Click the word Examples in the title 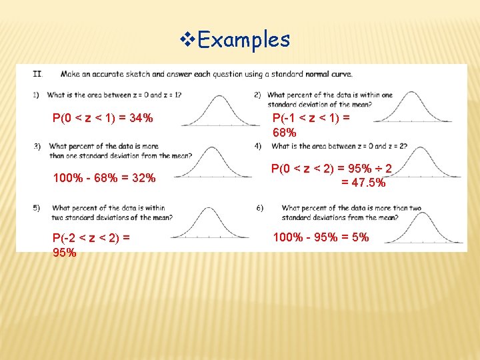tap(244, 40)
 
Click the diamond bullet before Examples tap(187, 39)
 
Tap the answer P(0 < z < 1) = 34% tap(103, 119)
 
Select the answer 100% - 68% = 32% tap(104, 178)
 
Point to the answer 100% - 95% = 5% tap(321, 237)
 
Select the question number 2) tap(257, 95)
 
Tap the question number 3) tap(37, 146)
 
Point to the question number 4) tap(257, 146)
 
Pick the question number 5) tap(37, 208)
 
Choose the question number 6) tap(259, 208)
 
